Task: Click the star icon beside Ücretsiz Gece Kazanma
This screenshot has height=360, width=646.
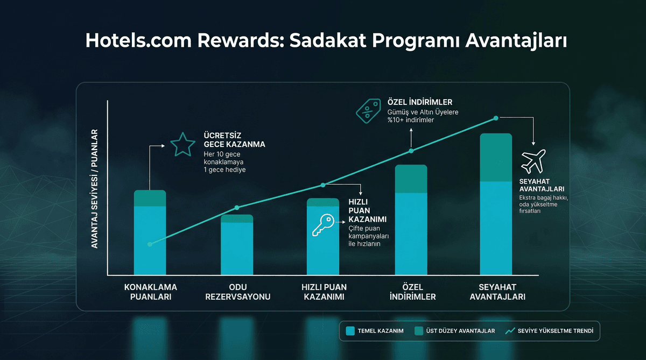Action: [x=182, y=144]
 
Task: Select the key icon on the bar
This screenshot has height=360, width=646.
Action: [x=323, y=225]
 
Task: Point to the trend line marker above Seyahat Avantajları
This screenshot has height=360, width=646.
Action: [x=496, y=118]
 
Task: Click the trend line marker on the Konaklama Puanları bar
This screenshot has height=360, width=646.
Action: [x=150, y=244]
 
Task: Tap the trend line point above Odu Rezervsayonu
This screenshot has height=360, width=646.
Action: [x=237, y=208]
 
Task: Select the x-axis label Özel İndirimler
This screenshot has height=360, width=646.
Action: [x=411, y=292]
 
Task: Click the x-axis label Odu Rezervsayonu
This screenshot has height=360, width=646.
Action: [x=237, y=292]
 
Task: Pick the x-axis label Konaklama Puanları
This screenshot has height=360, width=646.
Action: [x=150, y=292]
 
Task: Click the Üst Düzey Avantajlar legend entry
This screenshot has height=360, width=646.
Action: [x=454, y=331]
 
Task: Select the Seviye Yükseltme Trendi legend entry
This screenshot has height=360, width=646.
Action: [x=549, y=331]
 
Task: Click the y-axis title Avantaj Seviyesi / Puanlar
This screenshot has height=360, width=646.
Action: [x=94, y=188]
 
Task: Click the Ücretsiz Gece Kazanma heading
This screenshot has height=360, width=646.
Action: [x=234, y=140]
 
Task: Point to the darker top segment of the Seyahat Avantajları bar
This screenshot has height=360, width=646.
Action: [x=496, y=157]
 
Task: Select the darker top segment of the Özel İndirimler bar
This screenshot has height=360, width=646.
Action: [x=411, y=179]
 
